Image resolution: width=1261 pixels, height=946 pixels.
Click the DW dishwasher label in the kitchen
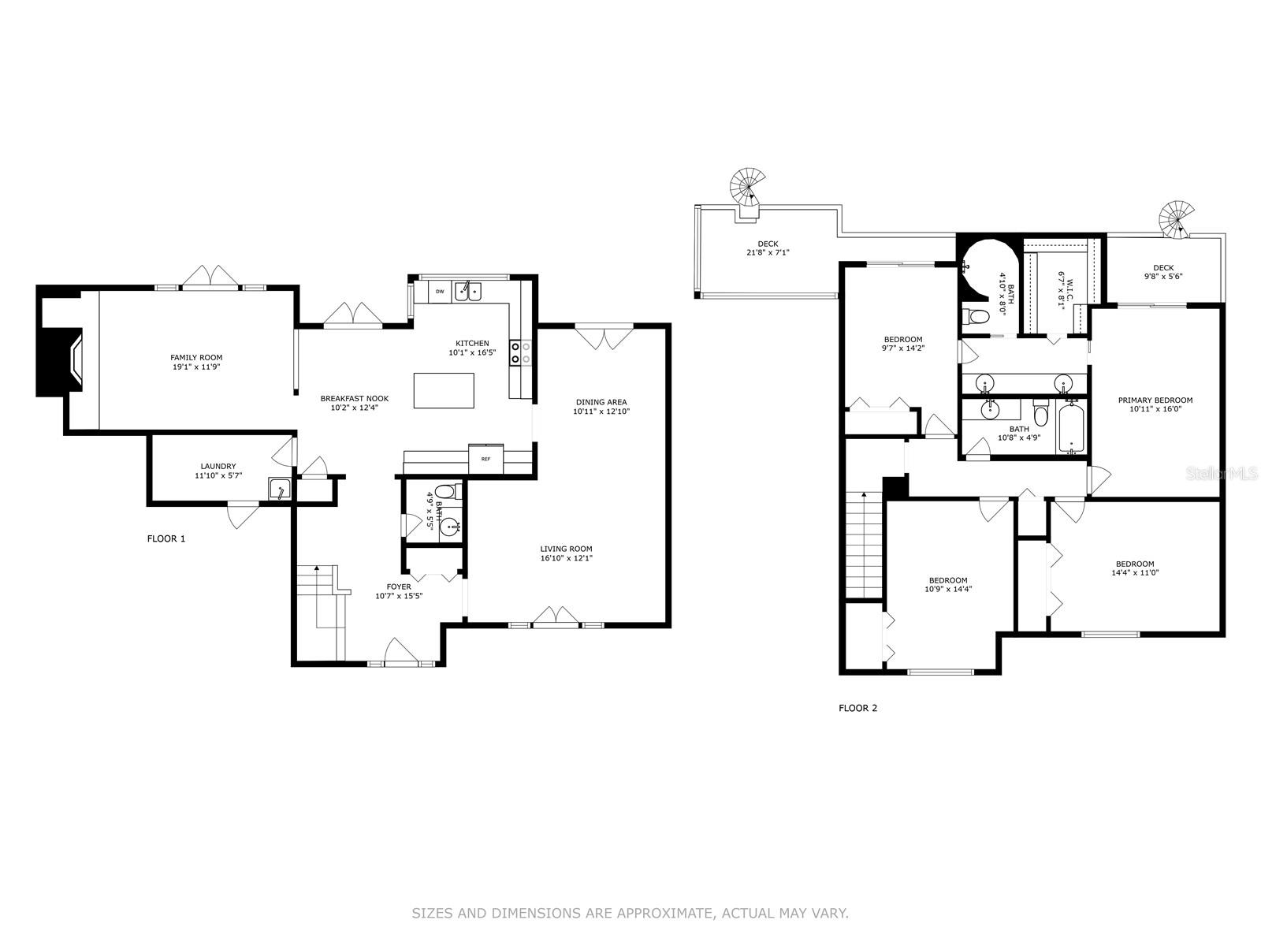[440, 292]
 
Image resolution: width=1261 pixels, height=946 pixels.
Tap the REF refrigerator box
[486, 459]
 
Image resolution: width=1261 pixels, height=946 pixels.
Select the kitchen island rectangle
[444, 390]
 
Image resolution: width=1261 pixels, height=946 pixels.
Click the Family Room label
[196, 357]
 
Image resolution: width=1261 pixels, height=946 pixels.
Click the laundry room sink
[279, 490]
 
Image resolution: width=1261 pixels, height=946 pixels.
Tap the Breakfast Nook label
[355, 398]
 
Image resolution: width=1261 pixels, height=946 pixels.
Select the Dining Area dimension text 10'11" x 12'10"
[601, 412]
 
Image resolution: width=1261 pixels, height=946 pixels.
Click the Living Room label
[566, 549]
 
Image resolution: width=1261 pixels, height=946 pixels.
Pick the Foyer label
[399, 587]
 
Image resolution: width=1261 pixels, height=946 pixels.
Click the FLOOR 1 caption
[166, 538]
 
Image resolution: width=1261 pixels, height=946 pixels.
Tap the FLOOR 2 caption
[857, 708]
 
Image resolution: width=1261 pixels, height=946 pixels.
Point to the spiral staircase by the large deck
[748, 187]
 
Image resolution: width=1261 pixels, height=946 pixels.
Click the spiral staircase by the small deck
[1175, 219]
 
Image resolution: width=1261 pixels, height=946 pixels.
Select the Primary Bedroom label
[1155, 400]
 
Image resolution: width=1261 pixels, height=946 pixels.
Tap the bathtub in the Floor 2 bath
[1070, 429]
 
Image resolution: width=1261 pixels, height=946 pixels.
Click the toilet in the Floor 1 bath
[445, 492]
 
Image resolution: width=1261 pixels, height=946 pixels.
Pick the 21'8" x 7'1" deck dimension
[768, 252]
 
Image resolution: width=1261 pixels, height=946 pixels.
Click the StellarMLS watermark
[1222, 474]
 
